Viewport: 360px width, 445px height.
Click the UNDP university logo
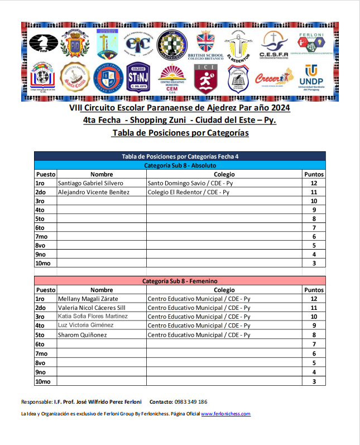[x=311, y=79]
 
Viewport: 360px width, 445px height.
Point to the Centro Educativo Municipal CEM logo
[x=172, y=79]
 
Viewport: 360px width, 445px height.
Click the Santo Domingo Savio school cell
[x=190, y=183]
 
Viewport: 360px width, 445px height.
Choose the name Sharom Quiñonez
[x=83, y=334]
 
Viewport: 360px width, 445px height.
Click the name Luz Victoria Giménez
[x=85, y=326]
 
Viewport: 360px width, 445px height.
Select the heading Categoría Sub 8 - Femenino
[x=180, y=281]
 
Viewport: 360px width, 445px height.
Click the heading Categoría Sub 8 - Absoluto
[x=180, y=165]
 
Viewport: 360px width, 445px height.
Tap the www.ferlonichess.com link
[x=225, y=414]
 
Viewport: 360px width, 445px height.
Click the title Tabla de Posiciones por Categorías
[x=180, y=133]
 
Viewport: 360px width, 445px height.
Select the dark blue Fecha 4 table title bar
[x=180, y=156]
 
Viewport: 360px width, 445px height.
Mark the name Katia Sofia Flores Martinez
[x=93, y=317]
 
